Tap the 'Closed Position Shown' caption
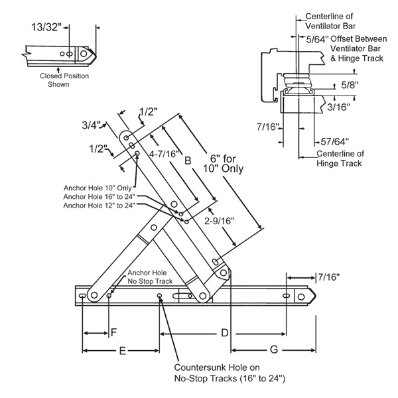(62, 80)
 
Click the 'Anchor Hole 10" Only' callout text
(98, 187)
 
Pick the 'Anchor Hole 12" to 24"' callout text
(99, 206)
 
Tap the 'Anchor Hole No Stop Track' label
(150, 277)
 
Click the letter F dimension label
(113, 331)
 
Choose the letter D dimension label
(224, 331)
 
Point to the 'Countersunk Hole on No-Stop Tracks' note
(230, 372)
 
